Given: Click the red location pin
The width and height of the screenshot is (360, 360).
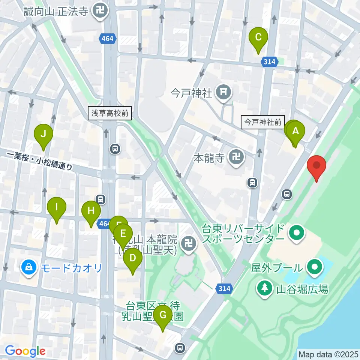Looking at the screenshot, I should pos(316,166).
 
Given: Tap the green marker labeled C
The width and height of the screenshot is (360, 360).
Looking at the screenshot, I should pos(258,37).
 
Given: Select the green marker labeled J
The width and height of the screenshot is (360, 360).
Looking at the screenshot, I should pos(43,134).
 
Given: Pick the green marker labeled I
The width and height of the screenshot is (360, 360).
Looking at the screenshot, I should pos(57,207).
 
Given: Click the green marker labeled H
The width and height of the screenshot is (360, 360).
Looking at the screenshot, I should pos(91,211).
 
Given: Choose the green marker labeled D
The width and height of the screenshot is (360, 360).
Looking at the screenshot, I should pos(132,258).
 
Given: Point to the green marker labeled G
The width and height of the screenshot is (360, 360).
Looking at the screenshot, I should pos(162,315).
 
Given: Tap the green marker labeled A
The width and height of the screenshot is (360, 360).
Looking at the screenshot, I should pos(295,132).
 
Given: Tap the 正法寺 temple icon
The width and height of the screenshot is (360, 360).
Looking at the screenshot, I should pos(100,11).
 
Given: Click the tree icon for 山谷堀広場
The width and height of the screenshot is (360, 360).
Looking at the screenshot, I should pos(265,288).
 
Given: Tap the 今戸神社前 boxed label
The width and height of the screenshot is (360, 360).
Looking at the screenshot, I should pos(263,122).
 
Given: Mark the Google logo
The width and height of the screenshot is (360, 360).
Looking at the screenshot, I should pos(25,351).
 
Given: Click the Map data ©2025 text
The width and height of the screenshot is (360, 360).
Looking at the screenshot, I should pos(328,354).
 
